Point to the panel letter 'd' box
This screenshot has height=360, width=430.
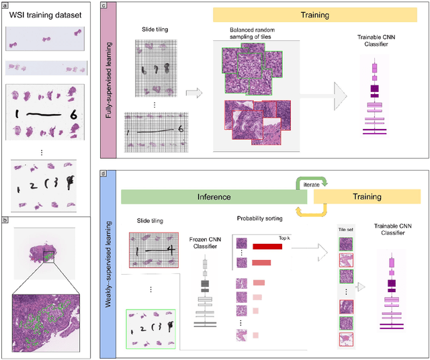103,173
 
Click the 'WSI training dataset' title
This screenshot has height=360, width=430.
44,15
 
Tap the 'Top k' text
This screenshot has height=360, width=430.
286,237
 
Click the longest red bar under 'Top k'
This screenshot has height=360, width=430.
267,246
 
